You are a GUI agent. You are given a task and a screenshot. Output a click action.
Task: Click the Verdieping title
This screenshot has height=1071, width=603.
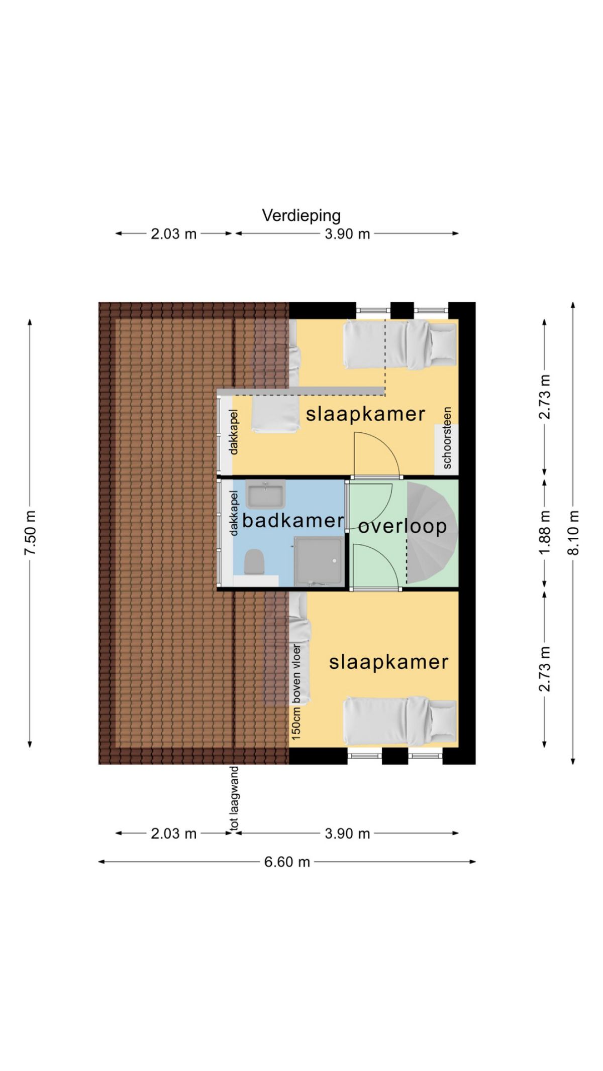pyautogui.click(x=301, y=216)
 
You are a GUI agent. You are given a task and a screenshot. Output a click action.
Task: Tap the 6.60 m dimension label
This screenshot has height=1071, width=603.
pyautogui.click(x=287, y=862)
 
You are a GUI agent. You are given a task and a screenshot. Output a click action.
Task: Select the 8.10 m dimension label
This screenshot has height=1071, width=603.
pyautogui.click(x=574, y=533)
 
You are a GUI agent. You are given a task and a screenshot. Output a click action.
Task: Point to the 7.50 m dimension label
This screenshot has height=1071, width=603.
pyautogui.click(x=30, y=533)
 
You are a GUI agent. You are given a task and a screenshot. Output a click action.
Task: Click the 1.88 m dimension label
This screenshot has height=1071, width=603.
pyautogui.click(x=545, y=533)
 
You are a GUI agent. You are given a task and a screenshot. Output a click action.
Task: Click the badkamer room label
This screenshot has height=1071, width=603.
pyautogui.click(x=293, y=520)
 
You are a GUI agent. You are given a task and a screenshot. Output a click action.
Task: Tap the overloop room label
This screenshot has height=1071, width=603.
pyautogui.click(x=402, y=526)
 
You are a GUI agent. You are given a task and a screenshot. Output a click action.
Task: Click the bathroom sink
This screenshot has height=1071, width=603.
pyautogui.click(x=265, y=494)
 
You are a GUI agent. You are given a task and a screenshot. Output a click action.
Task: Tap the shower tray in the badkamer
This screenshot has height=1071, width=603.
pyautogui.click(x=319, y=560)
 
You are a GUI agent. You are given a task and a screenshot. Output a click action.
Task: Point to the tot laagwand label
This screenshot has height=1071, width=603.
pyautogui.click(x=234, y=798)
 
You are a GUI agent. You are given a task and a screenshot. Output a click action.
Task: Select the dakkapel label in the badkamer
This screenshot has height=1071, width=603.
pyautogui.click(x=234, y=513)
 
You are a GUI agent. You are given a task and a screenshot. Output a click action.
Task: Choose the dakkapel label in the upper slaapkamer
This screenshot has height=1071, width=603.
pyautogui.click(x=234, y=432)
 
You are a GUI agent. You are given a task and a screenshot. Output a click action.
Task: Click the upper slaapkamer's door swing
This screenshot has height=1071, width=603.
pyautogui.click(x=376, y=455)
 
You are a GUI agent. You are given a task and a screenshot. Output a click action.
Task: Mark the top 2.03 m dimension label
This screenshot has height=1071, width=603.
pyautogui.click(x=174, y=233)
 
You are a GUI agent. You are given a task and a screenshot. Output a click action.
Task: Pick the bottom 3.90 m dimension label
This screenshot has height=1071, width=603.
pyautogui.click(x=347, y=834)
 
